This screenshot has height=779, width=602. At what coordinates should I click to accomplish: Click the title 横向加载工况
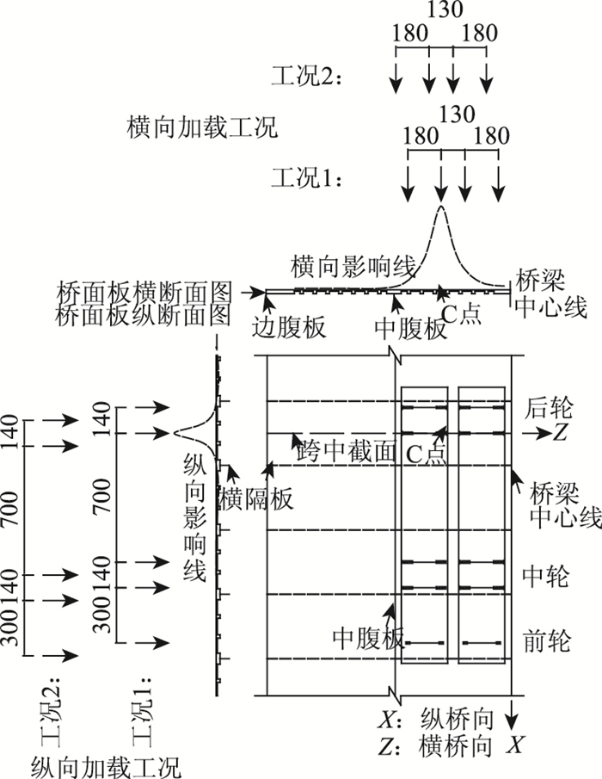tap(201, 130)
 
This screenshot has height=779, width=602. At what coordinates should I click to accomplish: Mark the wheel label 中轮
tap(544, 576)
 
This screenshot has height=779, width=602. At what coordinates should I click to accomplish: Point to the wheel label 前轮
tap(544, 641)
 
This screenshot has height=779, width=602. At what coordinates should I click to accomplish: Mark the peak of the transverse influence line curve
tap(441, 207)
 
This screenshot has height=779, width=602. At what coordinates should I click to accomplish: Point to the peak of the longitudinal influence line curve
tap(175, 433)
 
